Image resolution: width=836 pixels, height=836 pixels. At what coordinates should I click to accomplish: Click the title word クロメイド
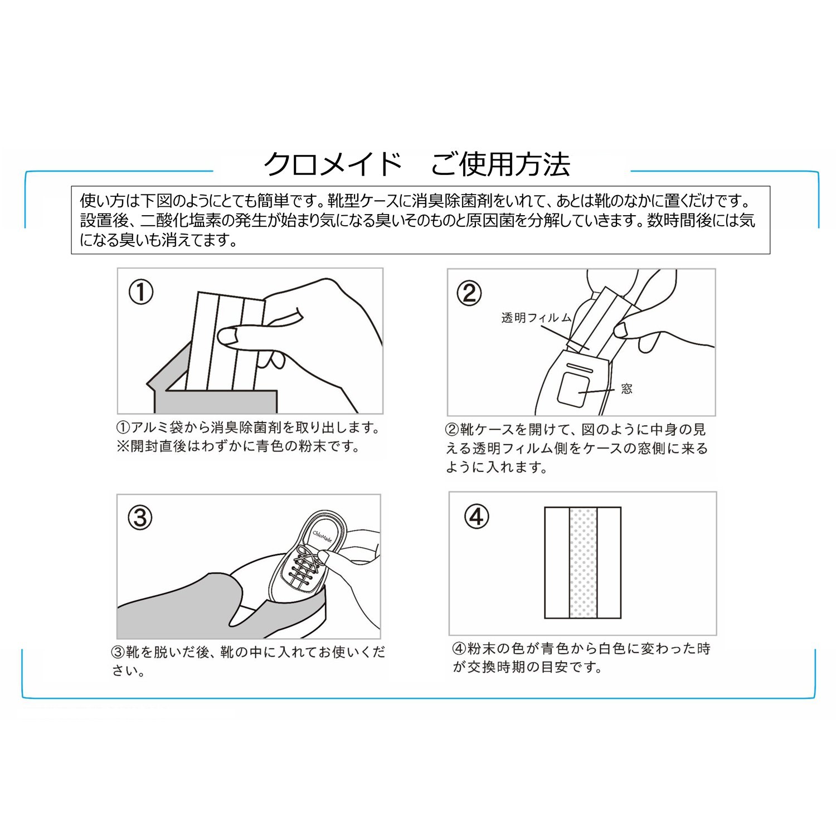(x=333, y=164)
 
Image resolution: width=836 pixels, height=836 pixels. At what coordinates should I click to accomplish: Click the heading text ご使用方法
(x=501, y=164)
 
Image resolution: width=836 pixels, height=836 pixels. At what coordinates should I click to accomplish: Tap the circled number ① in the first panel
(x=141, y=292)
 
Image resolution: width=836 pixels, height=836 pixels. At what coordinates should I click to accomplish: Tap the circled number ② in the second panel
(x=469, y=293)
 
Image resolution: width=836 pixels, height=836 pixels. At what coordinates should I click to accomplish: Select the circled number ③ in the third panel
(x=140, y=518)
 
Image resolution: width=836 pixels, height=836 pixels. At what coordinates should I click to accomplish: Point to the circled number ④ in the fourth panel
(x=477, y=517)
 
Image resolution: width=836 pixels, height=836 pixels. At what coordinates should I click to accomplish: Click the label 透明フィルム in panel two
(x=537, y=318)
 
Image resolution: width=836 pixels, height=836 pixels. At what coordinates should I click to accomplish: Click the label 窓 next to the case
(x=627, y=388)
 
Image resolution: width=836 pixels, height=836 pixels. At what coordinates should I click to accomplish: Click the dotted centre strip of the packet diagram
(x=583, y=563)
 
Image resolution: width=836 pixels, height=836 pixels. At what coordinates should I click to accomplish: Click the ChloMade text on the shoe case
(x=322, y=536)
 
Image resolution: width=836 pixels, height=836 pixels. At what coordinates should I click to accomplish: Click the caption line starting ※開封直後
(x=239, y=446)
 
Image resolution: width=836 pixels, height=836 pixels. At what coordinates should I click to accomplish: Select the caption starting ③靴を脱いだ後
(x=249, y=661)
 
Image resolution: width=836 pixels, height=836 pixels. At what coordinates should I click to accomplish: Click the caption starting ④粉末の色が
(x=581, y=658)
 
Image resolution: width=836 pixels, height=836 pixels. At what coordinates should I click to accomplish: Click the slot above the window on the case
(x=579, y=368)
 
